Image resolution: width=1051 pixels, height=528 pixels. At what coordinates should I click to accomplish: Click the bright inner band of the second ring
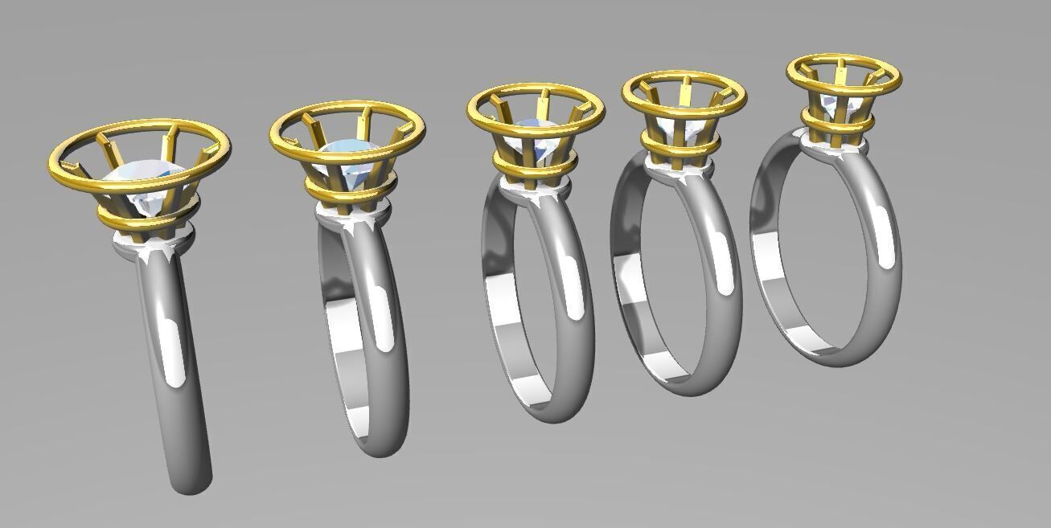pyautogui.click(x=354, y=378)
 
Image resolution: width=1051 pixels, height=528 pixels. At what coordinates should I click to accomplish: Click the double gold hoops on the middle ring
pyautogui.click(x=535, y=165)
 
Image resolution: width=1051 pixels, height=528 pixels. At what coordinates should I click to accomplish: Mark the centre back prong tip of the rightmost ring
pyautogui.click(x=842, y=63)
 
